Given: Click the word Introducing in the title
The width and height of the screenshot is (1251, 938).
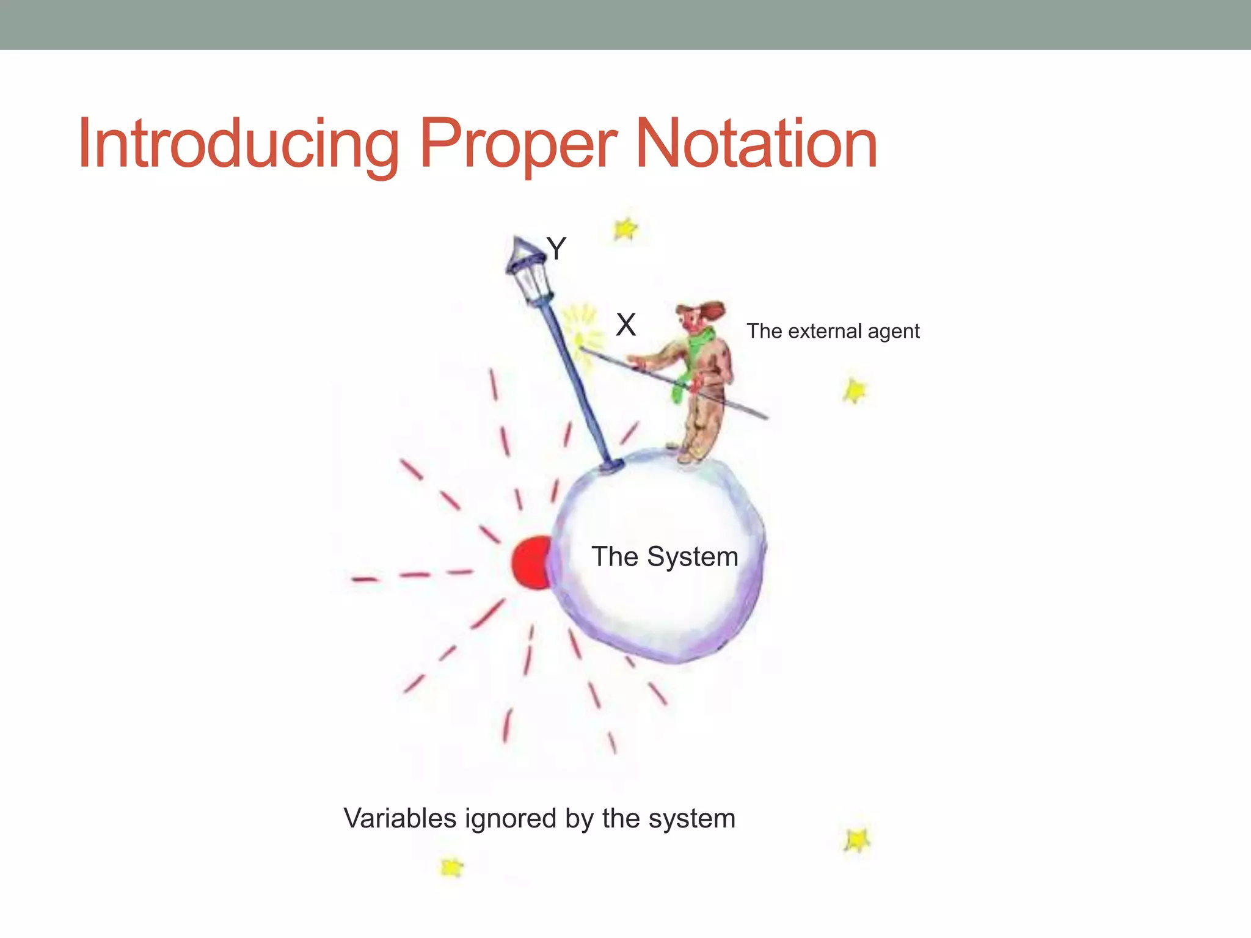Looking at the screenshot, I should point(238,145).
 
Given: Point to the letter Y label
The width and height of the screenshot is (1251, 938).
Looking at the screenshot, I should point(556,249).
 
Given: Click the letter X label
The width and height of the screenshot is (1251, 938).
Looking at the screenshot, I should point(626,325).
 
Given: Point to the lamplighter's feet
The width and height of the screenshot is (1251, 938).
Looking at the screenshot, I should point(690,455).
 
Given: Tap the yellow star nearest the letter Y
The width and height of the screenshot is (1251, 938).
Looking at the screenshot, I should point(625,230).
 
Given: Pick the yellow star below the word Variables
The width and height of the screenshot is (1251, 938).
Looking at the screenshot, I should point(451,867).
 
